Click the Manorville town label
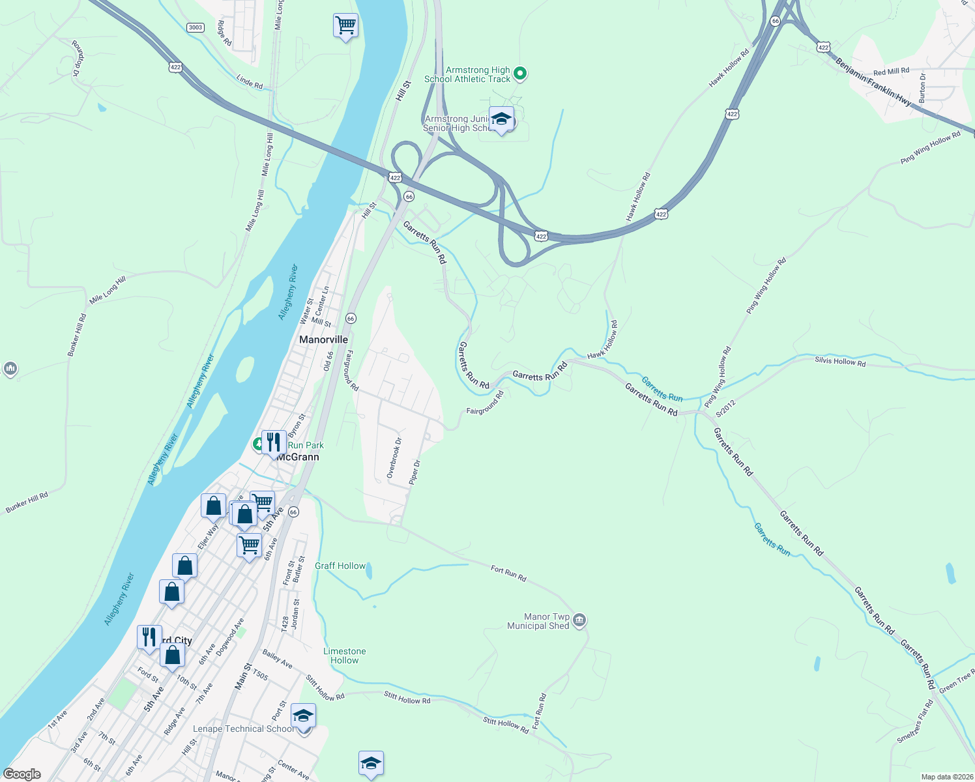[x=323, y=340]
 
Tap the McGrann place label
[x=298, y=457]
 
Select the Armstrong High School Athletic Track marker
[x=519, y=74]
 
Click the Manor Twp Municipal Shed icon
[x=580, y=620]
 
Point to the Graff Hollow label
[x=340, y=566]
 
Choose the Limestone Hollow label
[x=344, y=656]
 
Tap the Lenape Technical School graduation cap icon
[x=303, y=716]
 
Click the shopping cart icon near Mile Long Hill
[x=345, y=26]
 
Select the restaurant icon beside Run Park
[x=274, y=442]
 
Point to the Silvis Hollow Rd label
[x=840, y=362]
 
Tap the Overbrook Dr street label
[x=394, y=458]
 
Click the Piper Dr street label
[x=415, y=472]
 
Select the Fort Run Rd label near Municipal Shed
[x=508, y=573]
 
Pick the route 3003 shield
[x=195, y=27]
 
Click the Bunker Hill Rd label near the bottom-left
[x=27, y=503]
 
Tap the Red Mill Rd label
[x=891, y=71]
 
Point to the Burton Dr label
[x=922, y=88]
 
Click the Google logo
[x=22, y=774]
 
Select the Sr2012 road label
[x=725, y=408]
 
